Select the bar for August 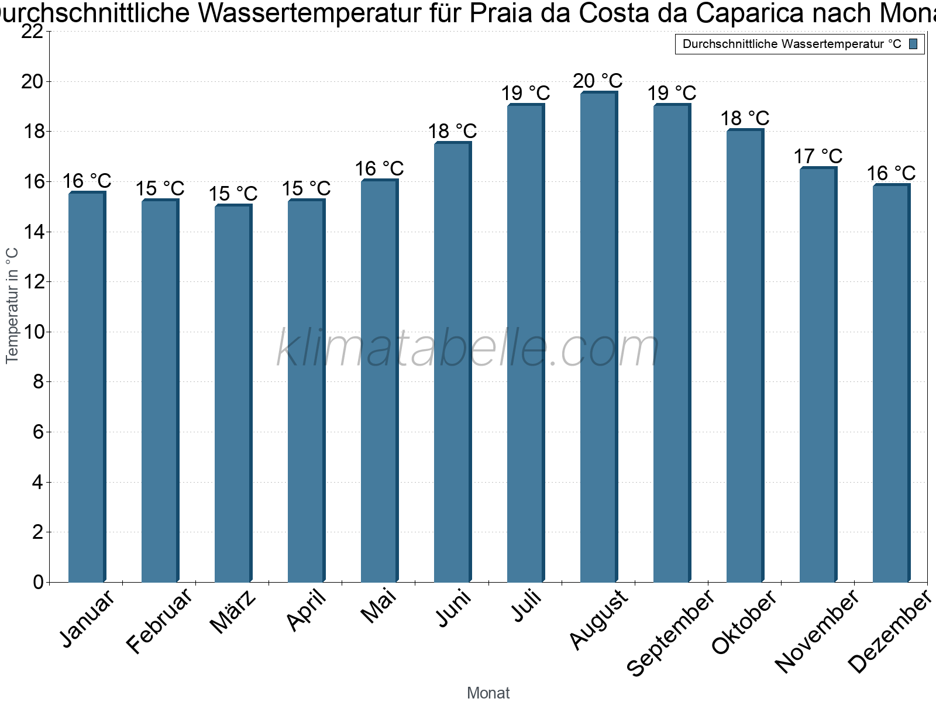pos(599,337)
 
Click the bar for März pos(233,393)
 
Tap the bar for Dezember pos(892,383)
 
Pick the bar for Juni pos(453,362)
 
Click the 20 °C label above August pos(598,81)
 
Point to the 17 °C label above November pos(818,156)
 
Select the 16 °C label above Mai pos(379,169)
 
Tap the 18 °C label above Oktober pos(745,119)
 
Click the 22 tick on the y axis pos(32,32)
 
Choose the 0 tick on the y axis pos(39,582)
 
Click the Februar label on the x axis pos(160,621)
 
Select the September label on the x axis pos(670,632)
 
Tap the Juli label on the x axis pos(527,605)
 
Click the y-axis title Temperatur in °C pos(12,305)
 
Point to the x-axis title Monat pos(488,693)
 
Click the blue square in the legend pos(913,44)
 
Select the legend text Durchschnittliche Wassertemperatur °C pos(792,44)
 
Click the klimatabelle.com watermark pos(467,347)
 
